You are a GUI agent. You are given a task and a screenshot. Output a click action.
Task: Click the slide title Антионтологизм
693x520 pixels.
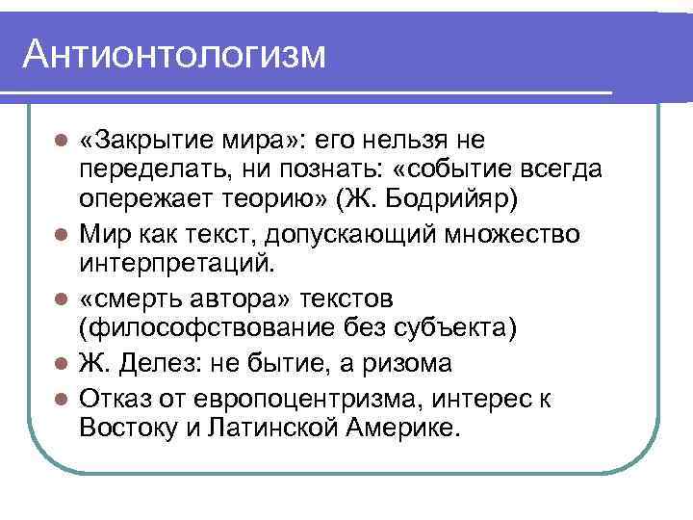pyautogui.click(x=175, y=54)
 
